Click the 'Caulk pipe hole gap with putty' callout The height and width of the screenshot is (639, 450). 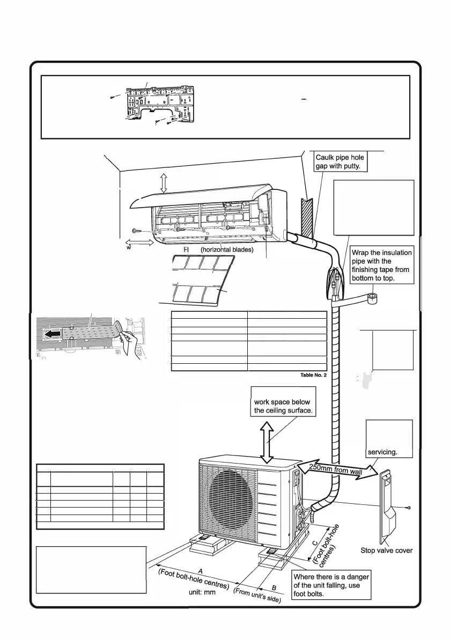(340, 161)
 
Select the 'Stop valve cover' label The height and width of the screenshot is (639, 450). (386, 550)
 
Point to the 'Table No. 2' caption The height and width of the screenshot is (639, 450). (313, 376)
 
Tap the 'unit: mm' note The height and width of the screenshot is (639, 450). (202, 593)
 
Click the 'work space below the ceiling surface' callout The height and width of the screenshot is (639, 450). (282, 407)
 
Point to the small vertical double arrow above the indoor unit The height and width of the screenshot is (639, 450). (164, 183)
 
